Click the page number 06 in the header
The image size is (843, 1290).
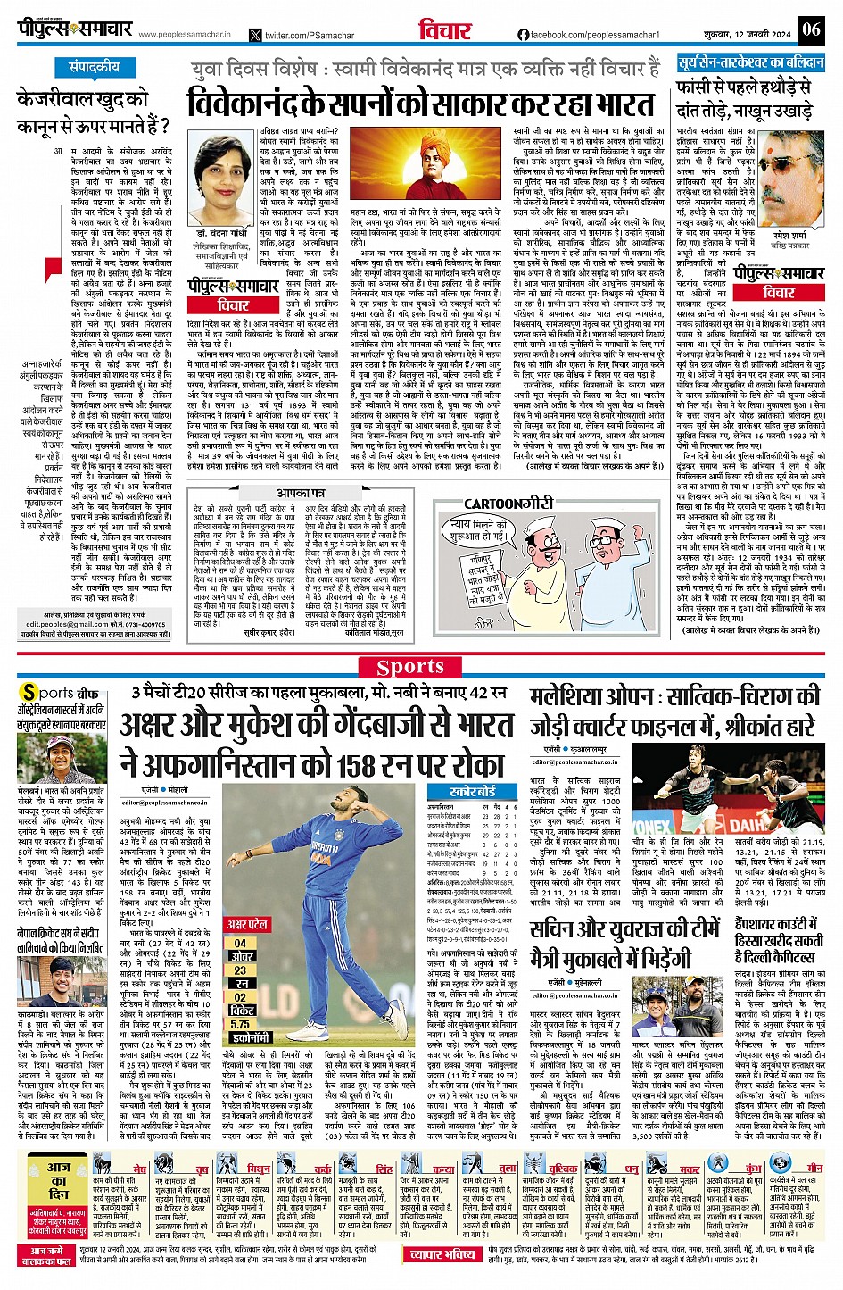(810, 29)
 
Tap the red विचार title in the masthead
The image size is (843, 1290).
(445, 30)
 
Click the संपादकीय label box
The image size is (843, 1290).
(95, 68)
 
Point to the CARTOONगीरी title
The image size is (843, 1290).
(508, 504)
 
